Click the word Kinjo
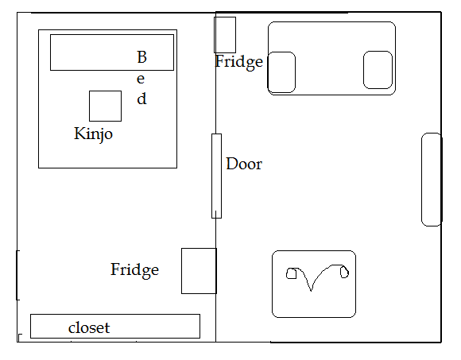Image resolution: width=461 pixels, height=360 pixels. click(93, 134)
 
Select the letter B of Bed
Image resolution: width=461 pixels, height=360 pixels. click(141, 57)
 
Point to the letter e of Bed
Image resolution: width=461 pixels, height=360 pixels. click(141, 79)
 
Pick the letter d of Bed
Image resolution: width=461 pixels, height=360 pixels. click(141, 99)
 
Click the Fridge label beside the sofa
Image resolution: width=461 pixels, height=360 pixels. click(238, 62)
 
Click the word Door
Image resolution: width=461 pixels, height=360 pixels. click(244, 164)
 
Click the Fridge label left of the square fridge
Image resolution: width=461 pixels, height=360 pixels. click(134, 270)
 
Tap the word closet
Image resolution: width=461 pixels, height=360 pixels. click(89, 327)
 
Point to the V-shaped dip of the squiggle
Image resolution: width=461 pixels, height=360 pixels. click(311, 290)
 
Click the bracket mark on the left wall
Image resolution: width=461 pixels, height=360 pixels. click(17, 275)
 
